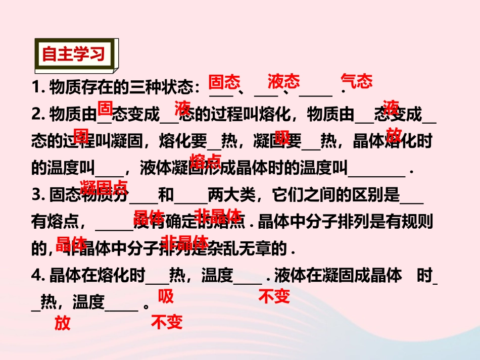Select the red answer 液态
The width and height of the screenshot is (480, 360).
click(283, 81)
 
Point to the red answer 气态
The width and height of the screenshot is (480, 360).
click(357, 81)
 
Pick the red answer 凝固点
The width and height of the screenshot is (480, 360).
click(104, 188)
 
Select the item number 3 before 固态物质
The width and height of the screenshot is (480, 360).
click(36, 194)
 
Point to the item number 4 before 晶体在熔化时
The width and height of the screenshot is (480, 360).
click(36, 275)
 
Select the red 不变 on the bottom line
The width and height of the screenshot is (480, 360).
click(167, 322)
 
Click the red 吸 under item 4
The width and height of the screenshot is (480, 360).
click(166, 296)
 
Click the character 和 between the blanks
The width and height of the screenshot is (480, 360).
click(166, 194)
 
